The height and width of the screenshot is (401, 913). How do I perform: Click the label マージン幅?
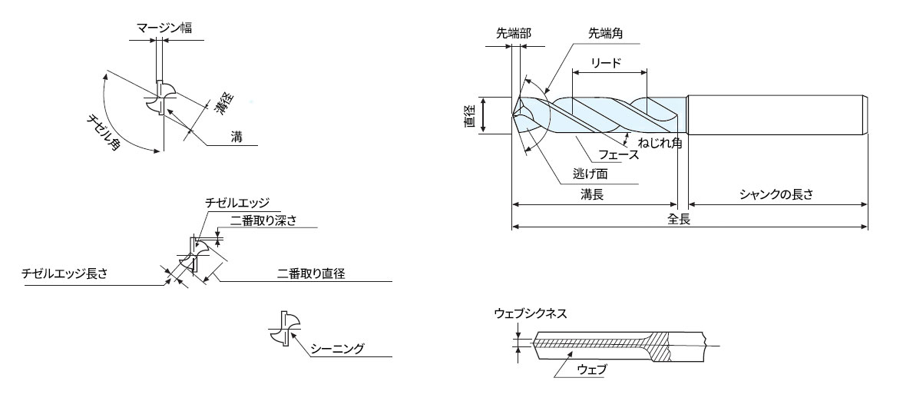point(164,28)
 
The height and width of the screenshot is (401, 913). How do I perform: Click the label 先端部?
point(514,33)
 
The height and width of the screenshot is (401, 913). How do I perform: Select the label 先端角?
point(606,33)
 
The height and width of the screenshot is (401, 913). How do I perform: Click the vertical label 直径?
point(471,115)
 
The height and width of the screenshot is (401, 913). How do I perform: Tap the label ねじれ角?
point(660,142)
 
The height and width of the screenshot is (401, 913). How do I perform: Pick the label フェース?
point(620,154)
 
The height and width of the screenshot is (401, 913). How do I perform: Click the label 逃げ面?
point(590,173)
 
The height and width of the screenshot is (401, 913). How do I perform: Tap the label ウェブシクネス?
point(530,313)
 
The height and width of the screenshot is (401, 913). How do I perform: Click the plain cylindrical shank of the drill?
point(778,115)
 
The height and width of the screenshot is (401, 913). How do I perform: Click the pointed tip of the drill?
point(514,115)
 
